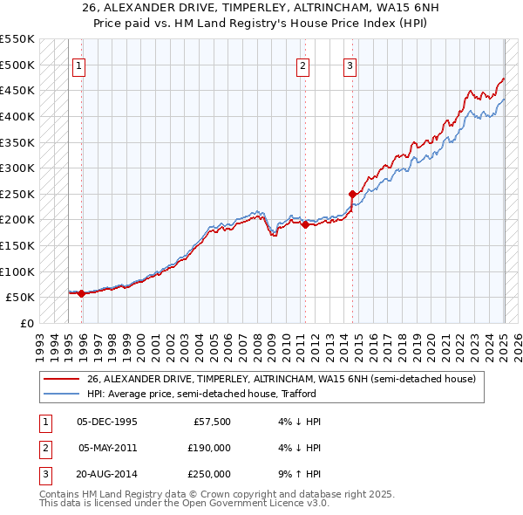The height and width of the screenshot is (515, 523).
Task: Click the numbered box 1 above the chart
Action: pyautogui.click(x=78, y=65)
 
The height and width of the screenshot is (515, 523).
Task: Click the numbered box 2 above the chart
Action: pyautogui.click(x=302, y=65)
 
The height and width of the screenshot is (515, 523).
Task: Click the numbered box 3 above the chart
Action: pyautogui.click(x=350, y=65)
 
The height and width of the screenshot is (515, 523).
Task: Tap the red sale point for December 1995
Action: pyautogui.click(x=81, y=293)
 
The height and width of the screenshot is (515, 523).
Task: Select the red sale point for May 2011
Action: pyautogui.click(x=306, y=224)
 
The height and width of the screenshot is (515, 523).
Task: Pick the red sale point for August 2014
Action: pyautogui.click(x=353, y=194)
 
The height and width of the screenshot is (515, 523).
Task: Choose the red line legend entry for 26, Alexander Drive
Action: pyautogui.click(x=282, y=379)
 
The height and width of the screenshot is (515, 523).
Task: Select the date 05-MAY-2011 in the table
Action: pyautogui.click(x=108, y=448)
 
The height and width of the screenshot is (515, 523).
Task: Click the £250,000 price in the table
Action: pyautogui.click(x=209, y=474)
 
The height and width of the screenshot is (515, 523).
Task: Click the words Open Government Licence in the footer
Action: pyautogui.click(x=251, y=504)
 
